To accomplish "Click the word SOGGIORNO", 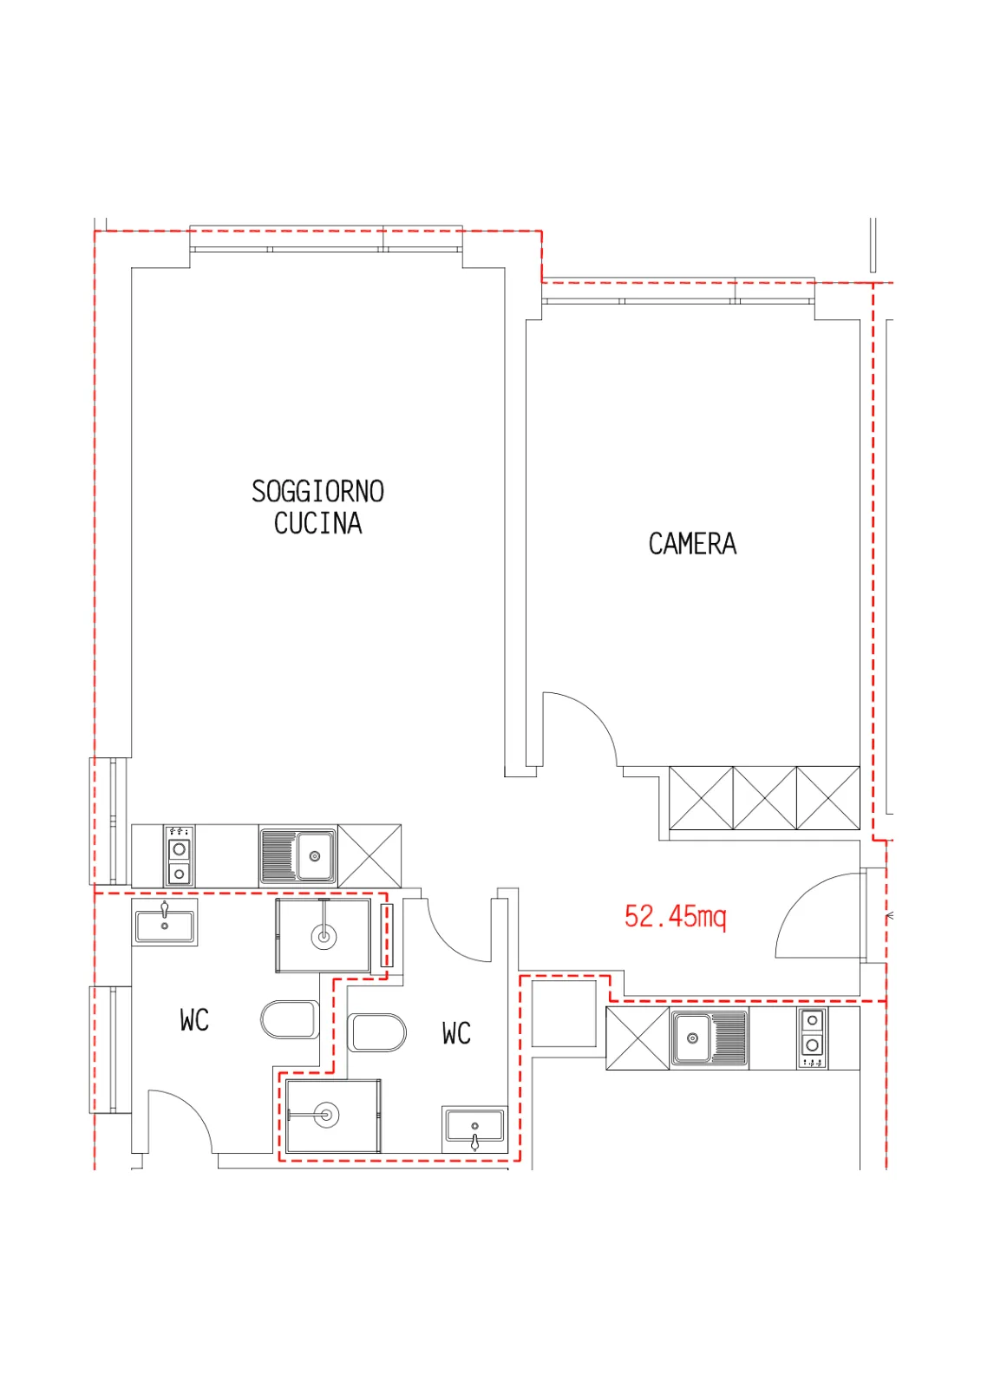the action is [317, 491].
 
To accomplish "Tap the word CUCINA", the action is [317, 523].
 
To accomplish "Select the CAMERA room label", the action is [692, 544].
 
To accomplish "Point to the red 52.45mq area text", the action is [675, 916].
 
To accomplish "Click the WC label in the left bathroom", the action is [194, 1020].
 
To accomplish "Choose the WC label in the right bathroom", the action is [456, 1033].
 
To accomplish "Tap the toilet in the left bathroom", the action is [290, 1019].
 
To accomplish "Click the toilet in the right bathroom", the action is [376, 1033].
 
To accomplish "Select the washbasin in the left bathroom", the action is [164, 921].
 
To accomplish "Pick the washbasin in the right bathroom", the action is [474, 1129].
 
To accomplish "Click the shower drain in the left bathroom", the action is [324, 936].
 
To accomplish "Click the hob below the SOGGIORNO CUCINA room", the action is [179, 855].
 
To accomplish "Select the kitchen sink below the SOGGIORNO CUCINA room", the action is [298, 855].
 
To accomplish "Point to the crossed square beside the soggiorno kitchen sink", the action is [370, 855].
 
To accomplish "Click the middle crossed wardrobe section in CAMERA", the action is [765, 798].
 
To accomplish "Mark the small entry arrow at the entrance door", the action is [892, 915].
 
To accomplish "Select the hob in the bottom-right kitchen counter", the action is [812, 1038].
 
